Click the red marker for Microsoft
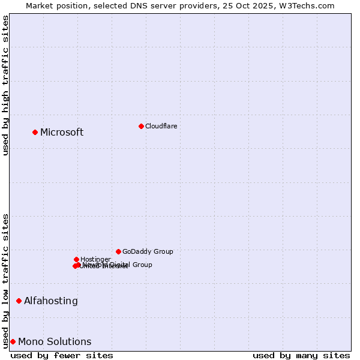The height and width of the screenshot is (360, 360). coord(35,132)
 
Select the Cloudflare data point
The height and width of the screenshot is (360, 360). coord(141,126)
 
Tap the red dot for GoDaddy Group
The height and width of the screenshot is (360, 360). coord(118,251)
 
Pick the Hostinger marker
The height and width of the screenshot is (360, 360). coord(76,259)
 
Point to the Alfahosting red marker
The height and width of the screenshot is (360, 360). coord(19,301)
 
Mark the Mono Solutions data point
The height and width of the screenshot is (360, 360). coord(13,341)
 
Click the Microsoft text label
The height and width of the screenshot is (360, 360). coord(62,133)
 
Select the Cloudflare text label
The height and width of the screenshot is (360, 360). coord(161,126)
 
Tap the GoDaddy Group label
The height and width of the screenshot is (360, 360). coord(148,251)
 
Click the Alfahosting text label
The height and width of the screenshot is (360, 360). coord(51,301)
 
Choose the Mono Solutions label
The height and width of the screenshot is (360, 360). coord(55,342)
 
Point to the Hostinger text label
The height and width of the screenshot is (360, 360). coord(95,259)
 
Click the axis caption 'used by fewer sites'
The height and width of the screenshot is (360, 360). coord(62,355)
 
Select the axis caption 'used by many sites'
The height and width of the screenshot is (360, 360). coord(301,355)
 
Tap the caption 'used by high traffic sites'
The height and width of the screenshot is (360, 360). coord(5,85)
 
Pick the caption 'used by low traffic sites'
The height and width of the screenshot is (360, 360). coord(5,280)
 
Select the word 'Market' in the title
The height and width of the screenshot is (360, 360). coord(40,5)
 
